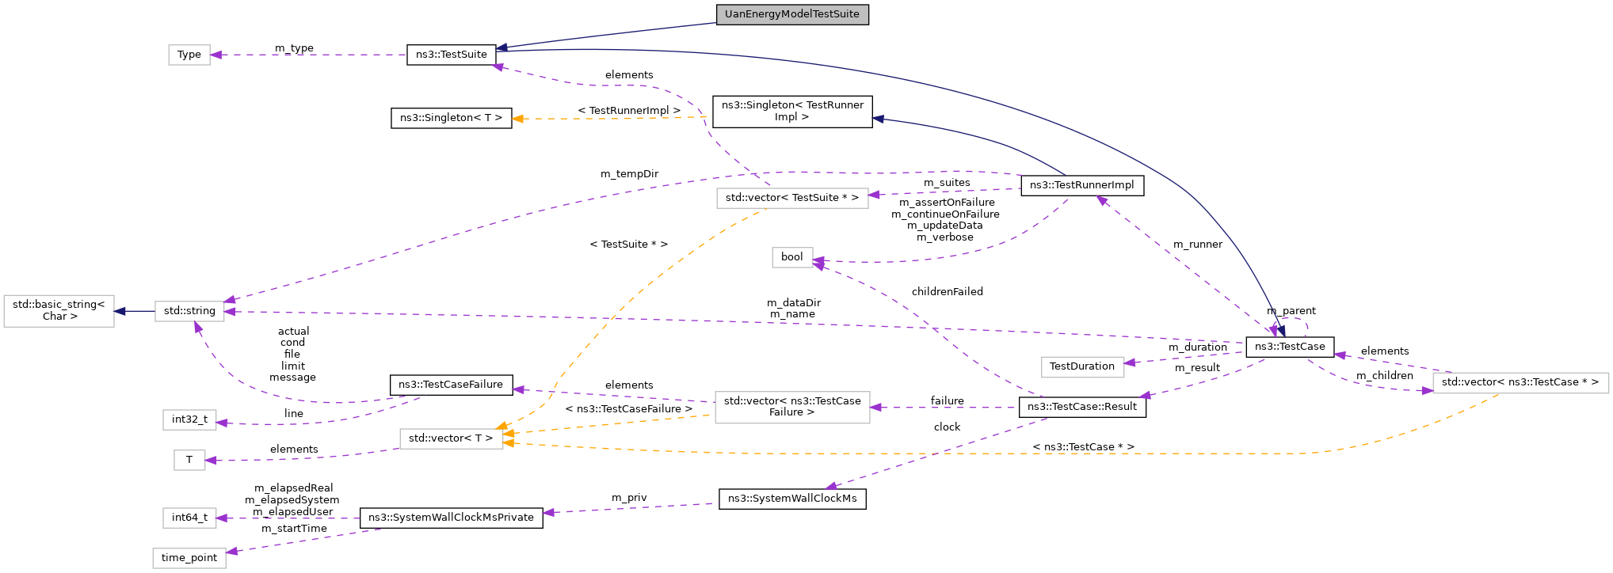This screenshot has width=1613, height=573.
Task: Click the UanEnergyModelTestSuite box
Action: (x=791, y=14)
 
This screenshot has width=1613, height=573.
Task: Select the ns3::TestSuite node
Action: (x=451, y=55)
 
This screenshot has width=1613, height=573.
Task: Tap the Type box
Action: (x=189, y=55)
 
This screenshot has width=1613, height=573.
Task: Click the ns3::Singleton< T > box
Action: (x=451, y=118)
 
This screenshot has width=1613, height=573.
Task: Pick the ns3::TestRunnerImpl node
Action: (x=1081, y=185)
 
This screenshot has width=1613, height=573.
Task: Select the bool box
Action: (x=791, y=257)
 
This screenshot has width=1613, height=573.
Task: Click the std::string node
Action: (x=189, y=311)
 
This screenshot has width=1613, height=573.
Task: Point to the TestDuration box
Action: (x=1081, y=366)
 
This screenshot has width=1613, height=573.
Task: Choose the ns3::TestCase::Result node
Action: (x=1081, y=407)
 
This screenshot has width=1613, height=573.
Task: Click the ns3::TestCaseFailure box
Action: (x=451, y=385)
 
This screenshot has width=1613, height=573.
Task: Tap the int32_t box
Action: (x=189, y=419)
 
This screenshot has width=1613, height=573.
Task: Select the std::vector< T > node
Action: (x=451, y=438)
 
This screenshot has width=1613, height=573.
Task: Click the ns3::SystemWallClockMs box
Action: (x=791, y=499)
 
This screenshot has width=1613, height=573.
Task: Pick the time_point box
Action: (x=189, y=558)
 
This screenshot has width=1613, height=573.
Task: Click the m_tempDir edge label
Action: (x=629, y=174)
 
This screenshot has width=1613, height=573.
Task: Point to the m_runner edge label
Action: (x=1197, y=245)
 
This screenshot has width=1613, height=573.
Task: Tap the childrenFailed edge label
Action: (x=947, y=292)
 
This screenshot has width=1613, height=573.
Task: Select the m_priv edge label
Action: (x=629, y=498)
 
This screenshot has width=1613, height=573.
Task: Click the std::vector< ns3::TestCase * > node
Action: (x=1520, y=382)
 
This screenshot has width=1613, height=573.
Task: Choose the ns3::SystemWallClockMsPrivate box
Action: (x=451, y=518)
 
